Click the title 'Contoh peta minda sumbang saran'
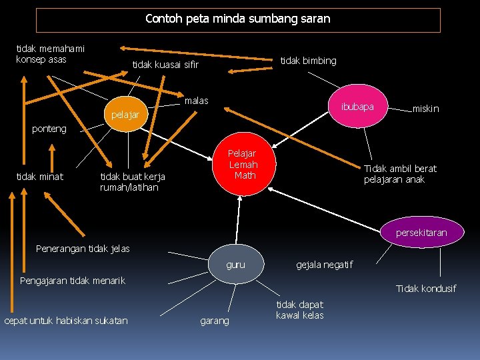238,19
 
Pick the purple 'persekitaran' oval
421,233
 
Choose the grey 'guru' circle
235,265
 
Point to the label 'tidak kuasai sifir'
165,65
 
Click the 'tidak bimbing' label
308,61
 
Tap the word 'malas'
196,101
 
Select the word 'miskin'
426,109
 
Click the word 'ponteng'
49,129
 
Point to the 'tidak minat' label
39,176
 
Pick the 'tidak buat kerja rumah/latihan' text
132,181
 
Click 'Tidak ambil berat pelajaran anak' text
400,174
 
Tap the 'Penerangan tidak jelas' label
83,249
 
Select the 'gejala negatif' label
324,265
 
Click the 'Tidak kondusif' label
426,289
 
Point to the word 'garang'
214,321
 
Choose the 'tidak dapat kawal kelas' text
299,309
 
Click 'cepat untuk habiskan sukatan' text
65,321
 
